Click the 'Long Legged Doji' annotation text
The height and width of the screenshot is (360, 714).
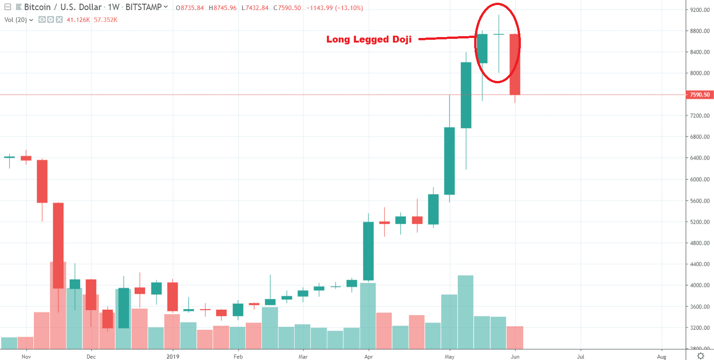[x=369, y=39]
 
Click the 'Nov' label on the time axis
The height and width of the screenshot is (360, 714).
[x=26, y=356]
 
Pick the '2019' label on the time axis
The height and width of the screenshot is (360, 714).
[x=173, y=356]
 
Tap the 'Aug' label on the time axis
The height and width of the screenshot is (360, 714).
[x=661, y=356]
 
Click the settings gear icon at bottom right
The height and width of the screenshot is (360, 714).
[x=700, y=356]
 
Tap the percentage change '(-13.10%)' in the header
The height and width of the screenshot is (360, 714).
[x=347, y=8]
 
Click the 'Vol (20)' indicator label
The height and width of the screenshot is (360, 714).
[x=16, y=20]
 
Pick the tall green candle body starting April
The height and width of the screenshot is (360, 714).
[x=368, y=251]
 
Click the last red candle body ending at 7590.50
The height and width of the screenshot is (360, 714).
[x=515, y=64]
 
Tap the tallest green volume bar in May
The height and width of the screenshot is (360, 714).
[x=465, y=311]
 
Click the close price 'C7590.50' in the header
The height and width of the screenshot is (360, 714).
[x=287, y=8]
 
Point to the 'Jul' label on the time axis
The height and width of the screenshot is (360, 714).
[x=580, y=356]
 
